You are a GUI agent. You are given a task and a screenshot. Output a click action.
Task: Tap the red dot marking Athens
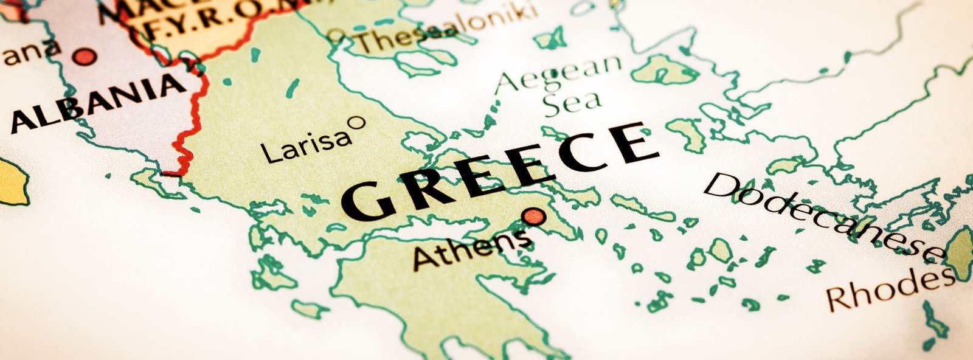click(534, 216)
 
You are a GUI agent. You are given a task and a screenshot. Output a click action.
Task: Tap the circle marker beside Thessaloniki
click(335, 36)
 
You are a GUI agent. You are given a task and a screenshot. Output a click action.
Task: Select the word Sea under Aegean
click(572, 103)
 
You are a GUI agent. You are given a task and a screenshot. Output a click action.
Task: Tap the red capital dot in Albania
click(85, 57)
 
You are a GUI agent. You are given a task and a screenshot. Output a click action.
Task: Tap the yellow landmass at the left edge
click(12, 182)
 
